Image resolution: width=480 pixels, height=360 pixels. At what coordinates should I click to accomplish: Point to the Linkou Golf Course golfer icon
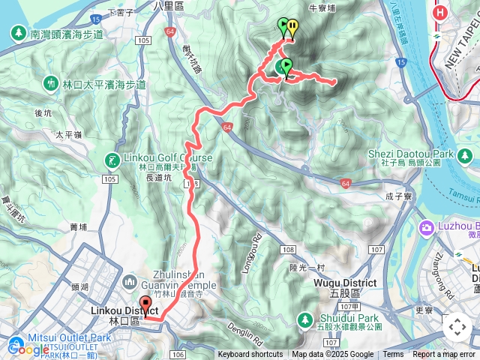[111, 159]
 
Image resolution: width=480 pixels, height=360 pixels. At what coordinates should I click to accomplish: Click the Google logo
[28, 348]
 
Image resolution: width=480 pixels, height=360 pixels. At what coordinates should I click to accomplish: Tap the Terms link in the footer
[393, 355]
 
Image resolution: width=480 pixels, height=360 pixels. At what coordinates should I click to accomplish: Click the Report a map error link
[443, 355]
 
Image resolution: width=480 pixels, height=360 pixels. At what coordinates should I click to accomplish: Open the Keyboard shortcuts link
[250, 355]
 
